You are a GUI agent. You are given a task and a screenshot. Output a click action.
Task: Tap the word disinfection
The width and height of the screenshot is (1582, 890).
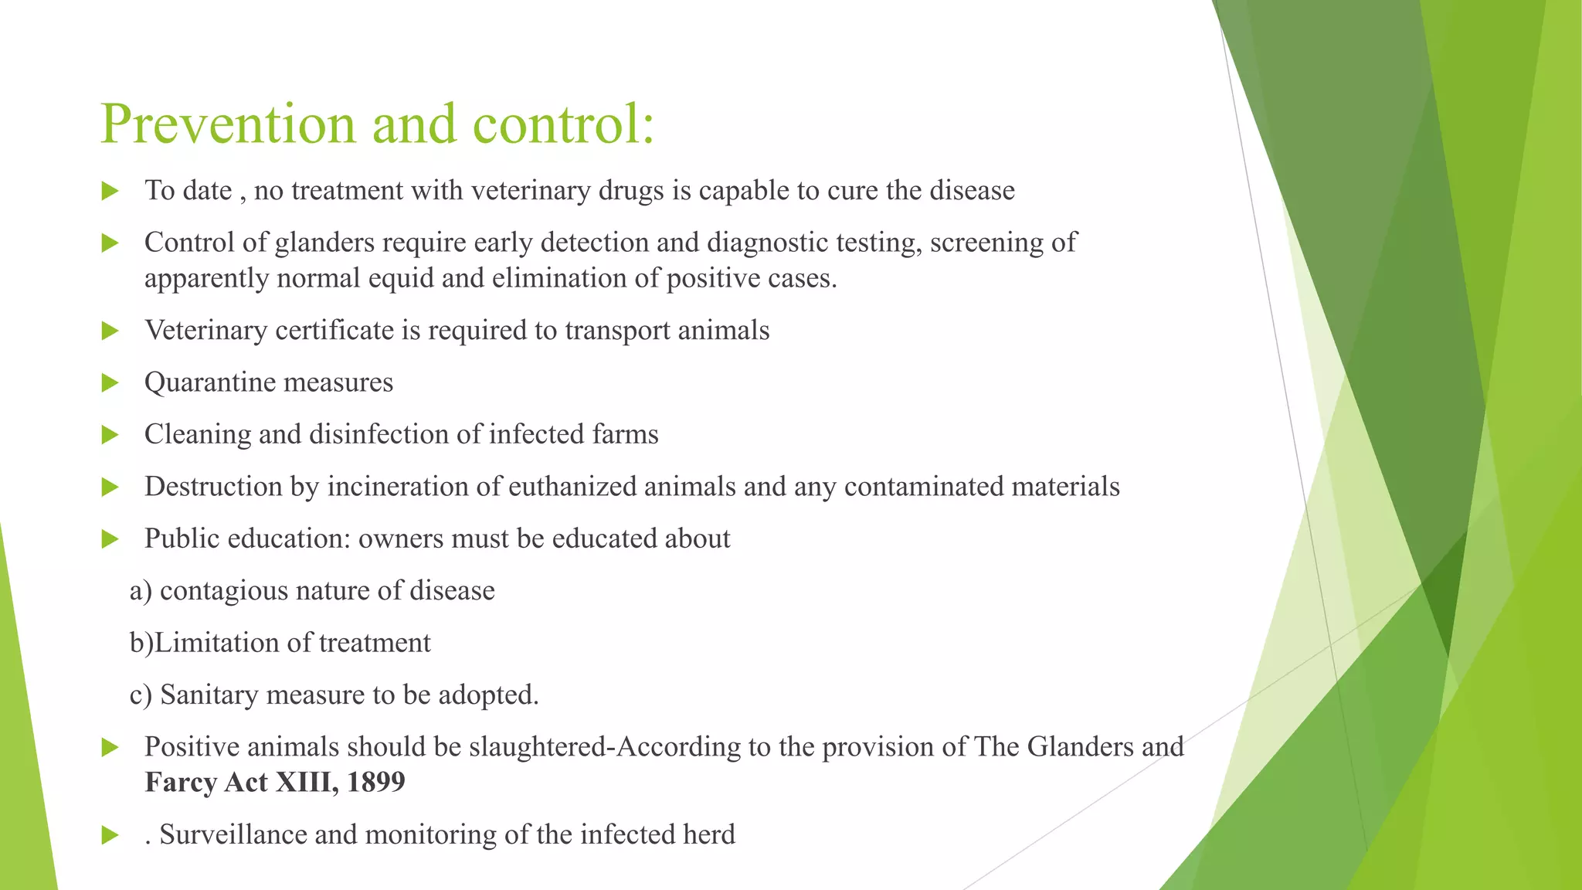(x=379, y=434)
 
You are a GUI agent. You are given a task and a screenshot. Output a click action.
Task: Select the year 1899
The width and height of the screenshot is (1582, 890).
(x=375, y=783)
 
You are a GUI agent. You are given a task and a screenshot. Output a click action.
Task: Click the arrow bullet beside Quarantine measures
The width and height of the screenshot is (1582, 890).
(x=110, y=382)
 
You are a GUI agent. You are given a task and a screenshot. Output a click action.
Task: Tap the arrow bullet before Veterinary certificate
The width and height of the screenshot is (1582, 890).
(x=110, y=331)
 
